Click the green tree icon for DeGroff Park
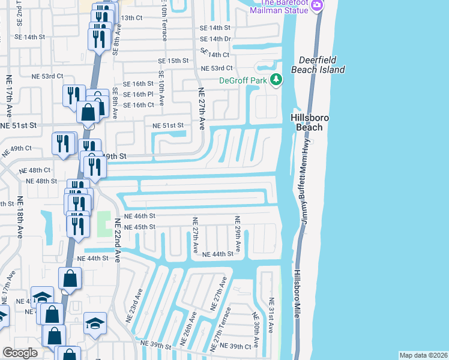[x=276, y=80]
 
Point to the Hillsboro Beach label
[x=307, y=122]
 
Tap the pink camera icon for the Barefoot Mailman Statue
[x=318, y=6]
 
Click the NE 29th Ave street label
[x=238, y=234]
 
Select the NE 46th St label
[x=139, y=215]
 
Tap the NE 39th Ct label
[x=235, y=346]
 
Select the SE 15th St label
[x=173, y=61]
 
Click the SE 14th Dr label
[x=215, y=38]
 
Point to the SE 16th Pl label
[x=139, y=94]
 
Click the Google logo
[x=20, y=353]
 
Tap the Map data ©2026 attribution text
[x=423, y=355]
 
